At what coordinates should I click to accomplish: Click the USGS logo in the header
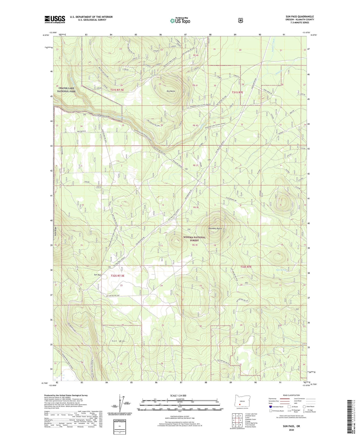point(55,19)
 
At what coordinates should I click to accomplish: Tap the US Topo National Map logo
point(180,21)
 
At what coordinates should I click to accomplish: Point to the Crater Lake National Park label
point(67,90)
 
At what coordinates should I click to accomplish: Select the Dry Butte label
point(171,91)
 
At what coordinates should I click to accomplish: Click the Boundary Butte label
point(215,229)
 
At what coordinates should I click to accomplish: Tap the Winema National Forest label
point(194,239)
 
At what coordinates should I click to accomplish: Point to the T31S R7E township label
point(237,93)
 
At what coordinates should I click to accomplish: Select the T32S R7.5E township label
point(117,276)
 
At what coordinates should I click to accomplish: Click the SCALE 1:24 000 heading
point(178,396)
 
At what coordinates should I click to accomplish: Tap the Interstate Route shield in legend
point(270,407)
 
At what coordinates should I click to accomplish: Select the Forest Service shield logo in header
point(240,20)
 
